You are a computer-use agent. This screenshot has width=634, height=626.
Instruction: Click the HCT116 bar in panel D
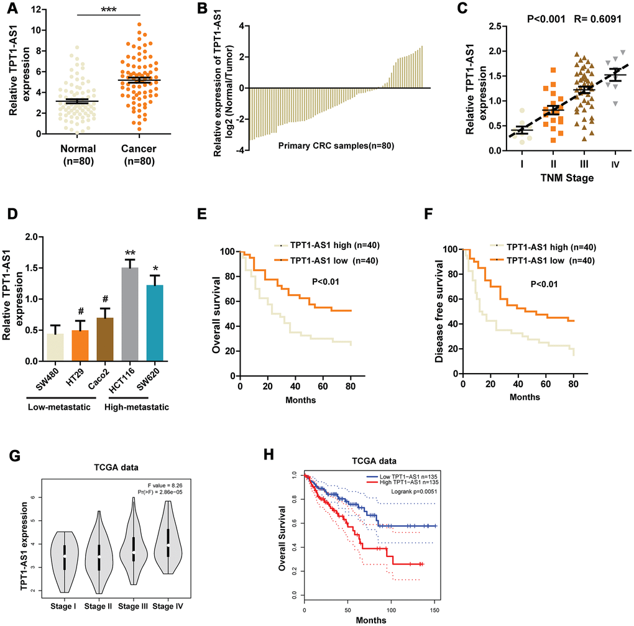click(x=129, y=314)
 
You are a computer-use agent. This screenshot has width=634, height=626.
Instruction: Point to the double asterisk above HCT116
click(x=129, y=253)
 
